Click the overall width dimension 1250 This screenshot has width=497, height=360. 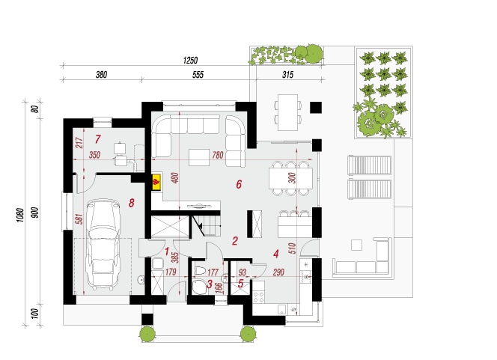coord(190,60)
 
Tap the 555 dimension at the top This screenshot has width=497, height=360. coord(198,75)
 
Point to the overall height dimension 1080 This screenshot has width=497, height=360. coord(21,215)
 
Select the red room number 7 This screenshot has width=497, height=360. coord(97,139)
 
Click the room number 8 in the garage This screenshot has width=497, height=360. coord(132,203)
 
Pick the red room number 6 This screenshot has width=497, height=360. coord(239,184)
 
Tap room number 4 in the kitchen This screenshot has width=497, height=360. coord(276,254)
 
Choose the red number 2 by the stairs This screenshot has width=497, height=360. coord(235,241)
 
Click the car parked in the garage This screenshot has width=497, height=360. coord(103,244)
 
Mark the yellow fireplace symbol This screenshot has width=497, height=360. coord(156,182)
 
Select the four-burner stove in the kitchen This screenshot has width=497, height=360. coord(259,296)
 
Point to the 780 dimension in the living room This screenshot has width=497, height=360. coord(218,155)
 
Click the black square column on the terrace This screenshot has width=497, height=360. coord(316,108)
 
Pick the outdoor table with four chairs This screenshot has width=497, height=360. coord(288,112)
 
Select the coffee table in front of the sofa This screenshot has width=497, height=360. coord(199,157)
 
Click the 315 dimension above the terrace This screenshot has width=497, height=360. coord(288,75)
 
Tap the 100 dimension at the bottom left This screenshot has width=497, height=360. coord(35,314)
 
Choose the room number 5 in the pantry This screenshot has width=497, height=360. coord(240,284)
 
